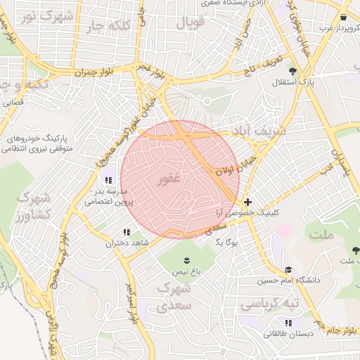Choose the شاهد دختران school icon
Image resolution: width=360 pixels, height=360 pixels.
(127, 232)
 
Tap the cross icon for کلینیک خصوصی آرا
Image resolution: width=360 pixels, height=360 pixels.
(247, 202)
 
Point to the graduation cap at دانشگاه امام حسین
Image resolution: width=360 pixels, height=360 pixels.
(288, 269)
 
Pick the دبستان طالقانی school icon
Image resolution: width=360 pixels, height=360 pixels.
(288, 323)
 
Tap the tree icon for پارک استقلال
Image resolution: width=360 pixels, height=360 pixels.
(292, 71)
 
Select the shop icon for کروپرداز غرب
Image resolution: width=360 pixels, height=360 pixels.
(342, 18)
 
